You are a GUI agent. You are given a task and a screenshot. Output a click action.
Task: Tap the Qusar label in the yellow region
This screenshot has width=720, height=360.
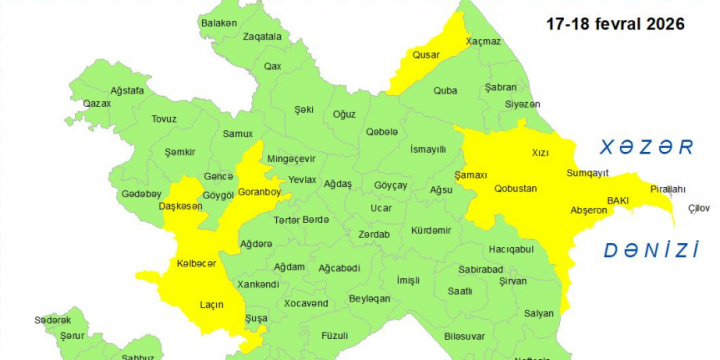[427, 56]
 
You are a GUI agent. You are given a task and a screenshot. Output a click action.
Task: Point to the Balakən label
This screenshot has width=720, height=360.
[219, 22]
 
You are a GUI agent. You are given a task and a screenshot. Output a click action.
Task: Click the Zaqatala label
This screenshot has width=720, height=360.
[262, 36]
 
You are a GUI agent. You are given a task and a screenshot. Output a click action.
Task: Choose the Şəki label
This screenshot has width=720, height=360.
[304, 109]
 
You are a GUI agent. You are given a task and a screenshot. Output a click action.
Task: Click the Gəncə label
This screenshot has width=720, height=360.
[218, 175]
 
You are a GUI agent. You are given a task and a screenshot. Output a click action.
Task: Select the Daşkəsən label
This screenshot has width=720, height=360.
[181, 206]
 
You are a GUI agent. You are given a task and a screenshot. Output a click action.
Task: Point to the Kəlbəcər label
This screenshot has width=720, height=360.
[196, 263]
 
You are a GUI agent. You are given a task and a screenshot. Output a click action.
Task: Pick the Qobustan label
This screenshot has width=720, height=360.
[515, 188]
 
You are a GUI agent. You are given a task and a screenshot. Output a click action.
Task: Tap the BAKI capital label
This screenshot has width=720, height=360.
[617, 199]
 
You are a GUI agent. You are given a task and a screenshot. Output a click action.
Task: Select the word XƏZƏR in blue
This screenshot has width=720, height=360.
[645, 148]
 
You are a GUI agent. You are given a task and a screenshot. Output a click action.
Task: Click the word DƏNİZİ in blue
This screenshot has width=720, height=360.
[650, 250]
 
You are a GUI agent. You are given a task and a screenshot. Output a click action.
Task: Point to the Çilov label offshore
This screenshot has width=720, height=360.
[698, 208]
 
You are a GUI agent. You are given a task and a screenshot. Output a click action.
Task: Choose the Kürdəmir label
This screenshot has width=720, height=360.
[431, 229]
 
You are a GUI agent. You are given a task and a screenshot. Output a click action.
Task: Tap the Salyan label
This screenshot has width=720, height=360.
[538, 313]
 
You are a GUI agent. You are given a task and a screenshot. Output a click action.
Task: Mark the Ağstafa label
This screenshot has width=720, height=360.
[127, 90]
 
